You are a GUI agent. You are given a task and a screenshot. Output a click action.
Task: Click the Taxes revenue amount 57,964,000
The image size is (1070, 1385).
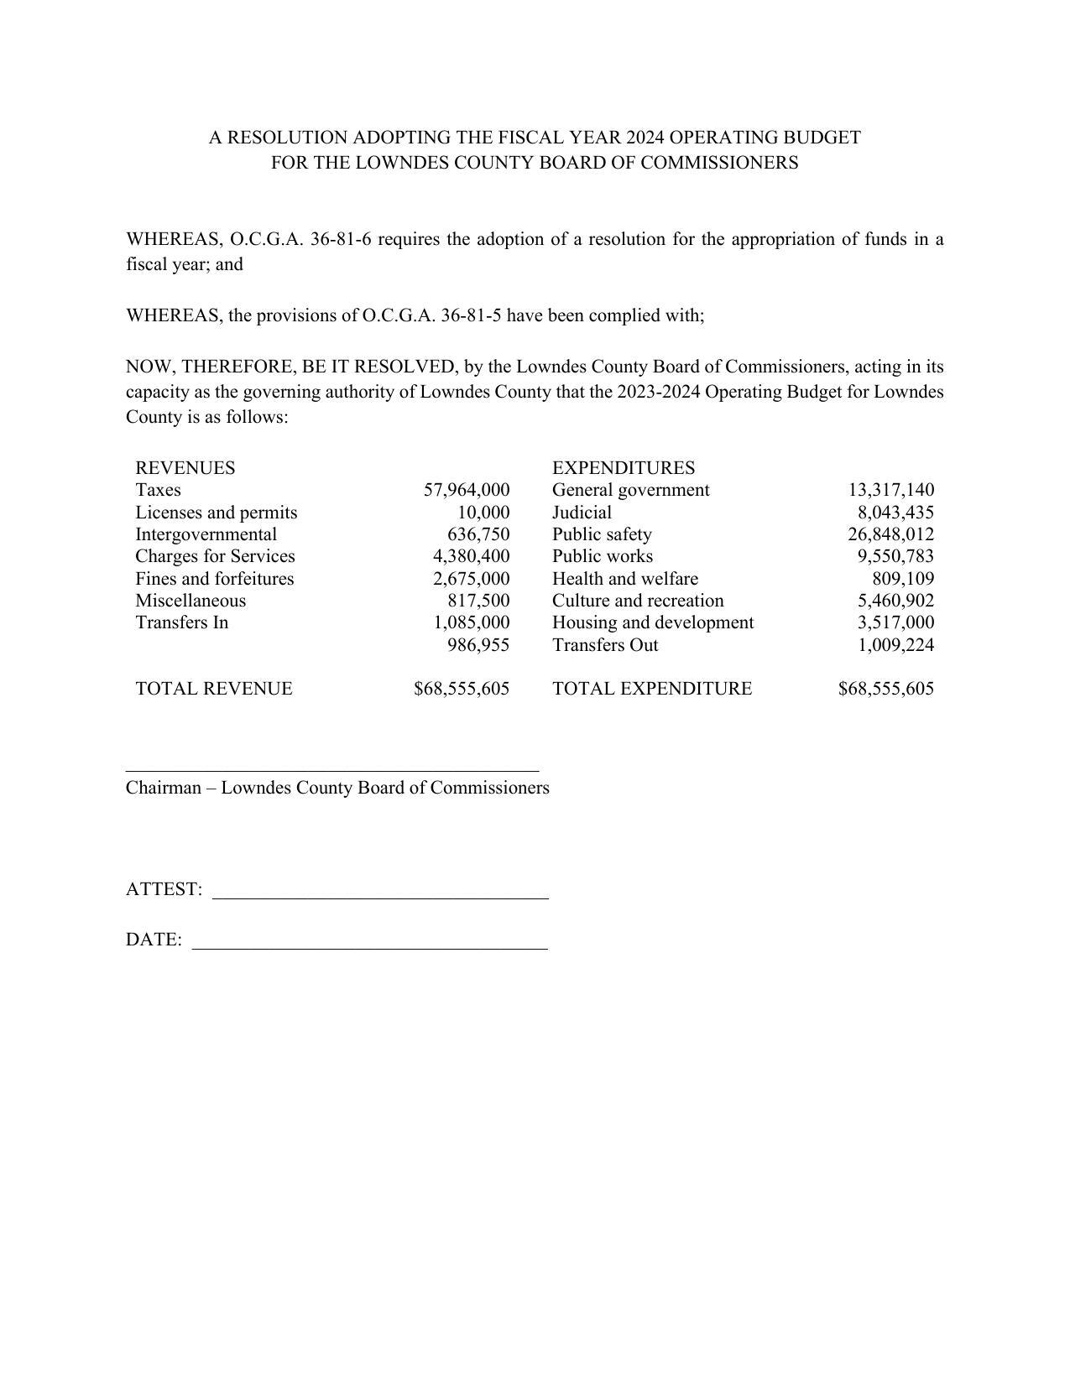click(x=467, y=490)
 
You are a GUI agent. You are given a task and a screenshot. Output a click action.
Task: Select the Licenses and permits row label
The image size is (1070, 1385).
click(x=217, y=513)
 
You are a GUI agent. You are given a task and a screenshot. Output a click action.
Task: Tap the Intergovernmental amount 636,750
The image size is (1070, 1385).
click(x=478, y=534)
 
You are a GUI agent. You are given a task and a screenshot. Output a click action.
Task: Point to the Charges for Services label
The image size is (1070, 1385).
click(x=215, y=556)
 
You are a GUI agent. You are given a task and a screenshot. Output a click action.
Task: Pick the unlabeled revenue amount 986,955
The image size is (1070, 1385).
click(x=478, y=645)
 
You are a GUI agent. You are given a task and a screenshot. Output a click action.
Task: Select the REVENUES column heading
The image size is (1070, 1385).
click(x=185, y=468)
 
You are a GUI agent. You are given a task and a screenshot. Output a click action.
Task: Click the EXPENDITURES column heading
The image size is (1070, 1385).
click(x=624, y=468)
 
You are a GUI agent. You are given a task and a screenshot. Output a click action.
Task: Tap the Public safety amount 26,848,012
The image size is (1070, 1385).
click(x=890, y=534)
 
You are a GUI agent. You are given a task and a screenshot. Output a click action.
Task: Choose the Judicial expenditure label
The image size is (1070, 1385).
click(x=582, y=513)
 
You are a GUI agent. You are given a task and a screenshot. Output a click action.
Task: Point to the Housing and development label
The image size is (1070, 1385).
click(x=653, y=622)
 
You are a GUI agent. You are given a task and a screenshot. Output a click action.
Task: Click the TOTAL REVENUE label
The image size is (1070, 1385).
click(x=214, y=689)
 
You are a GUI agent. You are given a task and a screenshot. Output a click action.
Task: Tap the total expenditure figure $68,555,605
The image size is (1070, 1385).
click(x=885, y=689)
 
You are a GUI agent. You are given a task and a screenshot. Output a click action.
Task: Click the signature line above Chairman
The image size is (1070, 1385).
click(x=332, y=770)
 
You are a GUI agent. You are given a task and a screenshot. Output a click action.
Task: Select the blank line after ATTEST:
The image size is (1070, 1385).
click(x=380, y=898)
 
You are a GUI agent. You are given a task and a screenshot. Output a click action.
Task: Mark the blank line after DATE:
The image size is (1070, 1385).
click(x=370, y=948)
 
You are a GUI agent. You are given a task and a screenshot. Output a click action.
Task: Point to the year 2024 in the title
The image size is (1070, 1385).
click(x=645, y=138)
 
